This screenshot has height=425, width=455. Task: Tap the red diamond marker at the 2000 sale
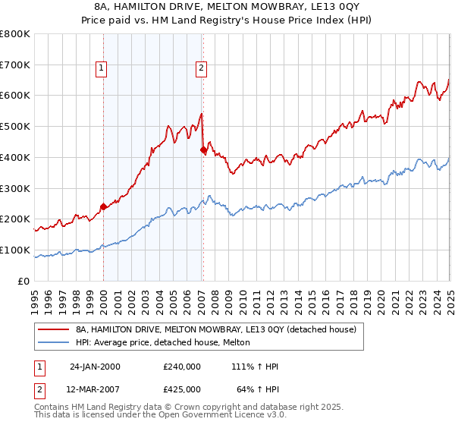pos(104,206)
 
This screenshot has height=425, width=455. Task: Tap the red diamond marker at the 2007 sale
pos(203,150)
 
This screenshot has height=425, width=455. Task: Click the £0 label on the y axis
pos(24,281)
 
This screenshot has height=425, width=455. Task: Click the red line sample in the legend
pos(53,329)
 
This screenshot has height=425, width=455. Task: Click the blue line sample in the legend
pos(53,342)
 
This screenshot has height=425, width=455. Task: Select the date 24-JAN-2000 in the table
pos(95,367)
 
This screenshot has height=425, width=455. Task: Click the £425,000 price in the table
pos(182,389)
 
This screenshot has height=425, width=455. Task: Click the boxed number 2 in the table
pos(40,389)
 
